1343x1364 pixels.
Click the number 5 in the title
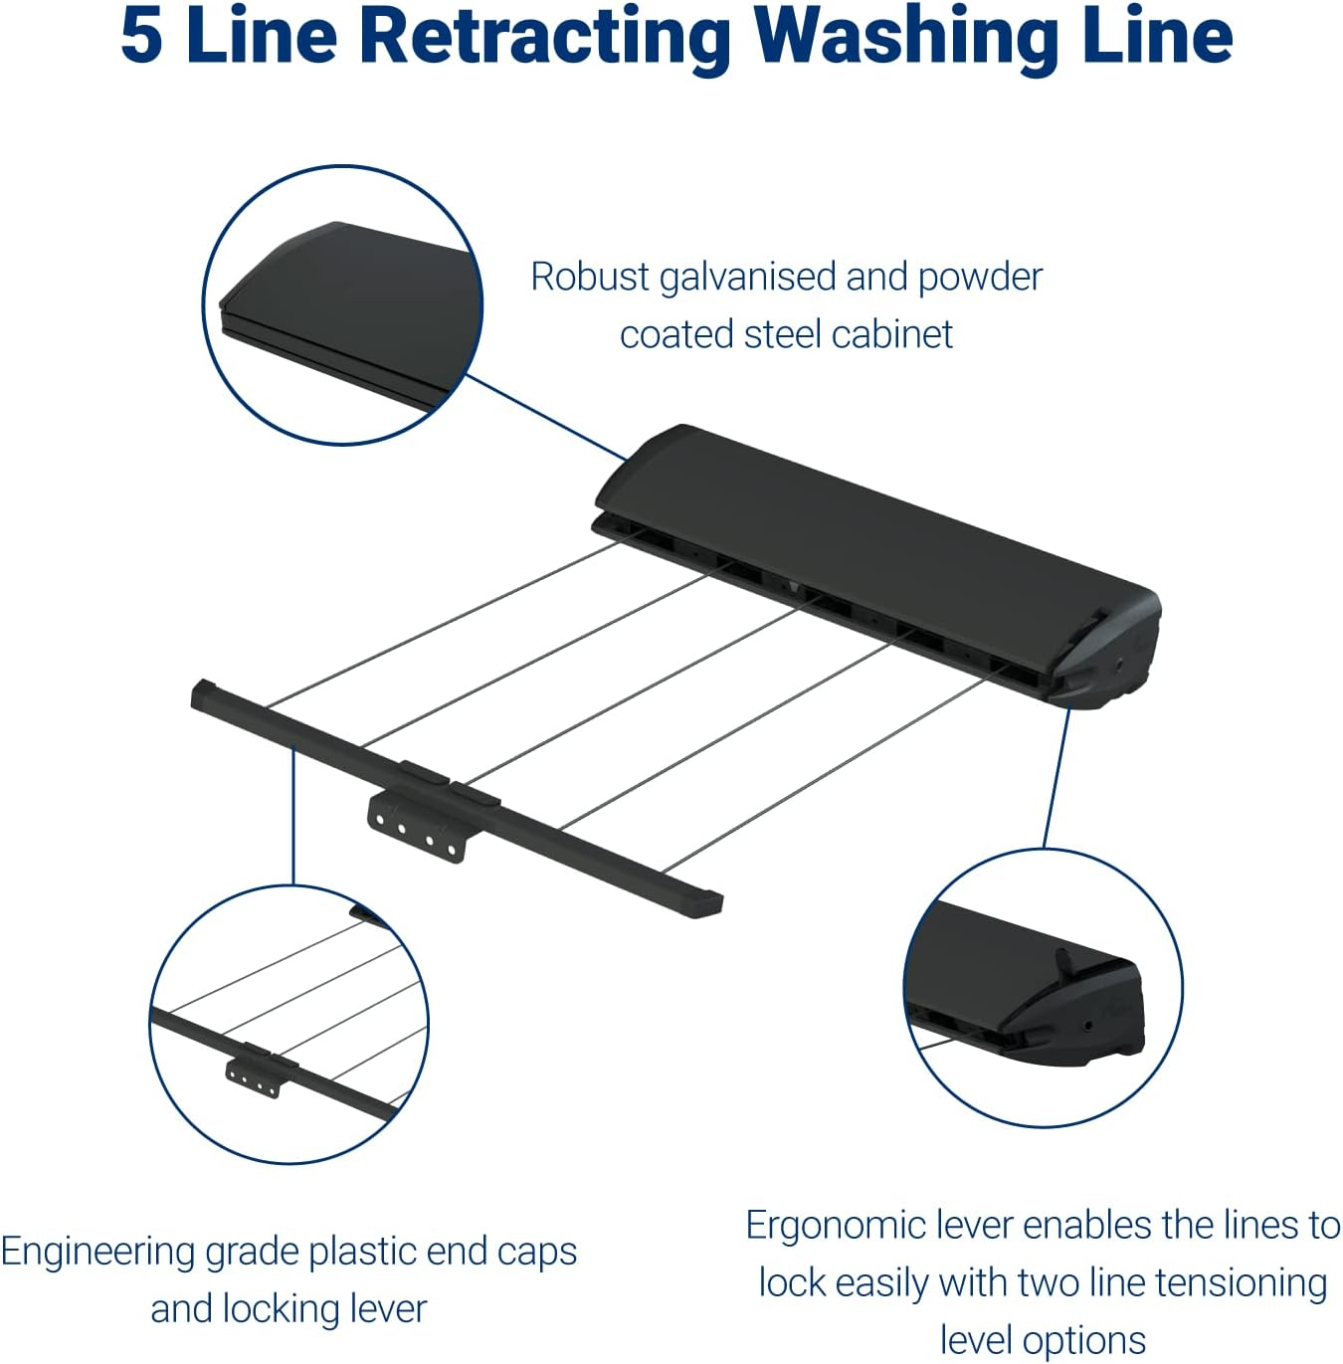click(x=141, y=36)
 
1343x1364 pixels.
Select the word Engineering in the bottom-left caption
click(x=96, y=1252)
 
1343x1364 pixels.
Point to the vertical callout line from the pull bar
click(x=293, y=816)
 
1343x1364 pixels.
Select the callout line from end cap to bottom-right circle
click(x=1056, y=776)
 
